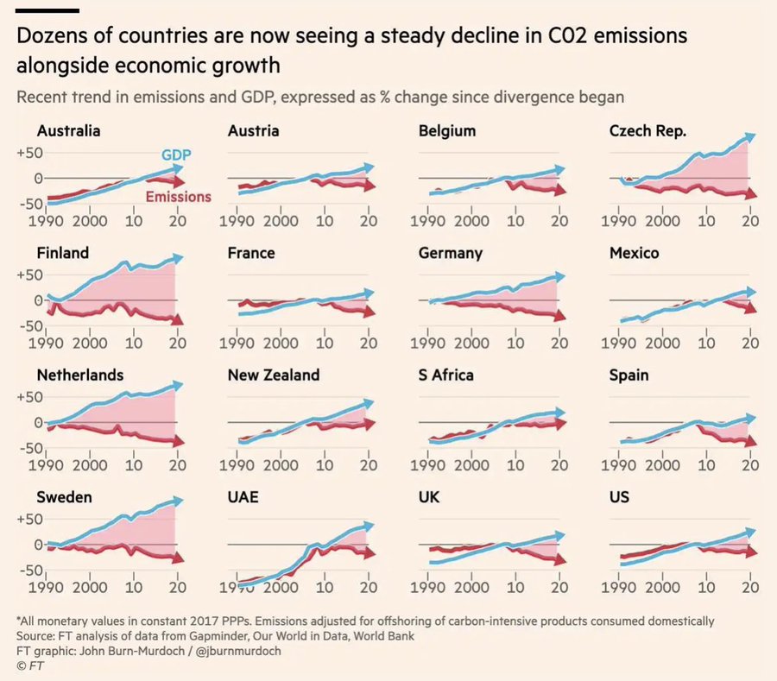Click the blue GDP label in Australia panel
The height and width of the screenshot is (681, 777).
point(176,154)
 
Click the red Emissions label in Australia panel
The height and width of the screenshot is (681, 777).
point(178,197)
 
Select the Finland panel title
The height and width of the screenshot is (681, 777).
point(62,253)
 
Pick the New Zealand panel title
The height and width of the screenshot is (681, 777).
point(273,375)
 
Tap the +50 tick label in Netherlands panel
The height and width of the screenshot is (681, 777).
point(30,397)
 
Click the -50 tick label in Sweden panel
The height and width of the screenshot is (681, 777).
point(30,571)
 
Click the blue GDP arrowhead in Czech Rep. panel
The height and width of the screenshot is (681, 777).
point(750,136)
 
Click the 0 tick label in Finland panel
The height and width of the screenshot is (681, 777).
point(37,300)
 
